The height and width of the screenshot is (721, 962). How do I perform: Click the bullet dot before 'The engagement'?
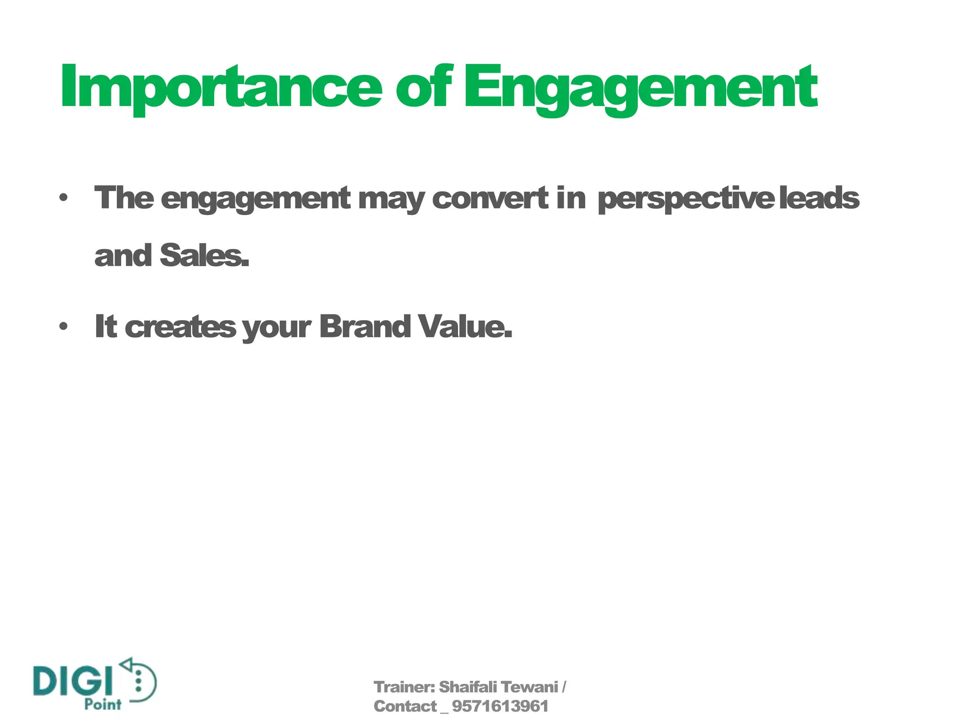coord(63,198)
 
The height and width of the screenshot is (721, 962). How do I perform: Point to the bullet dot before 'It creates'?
coord(63,326)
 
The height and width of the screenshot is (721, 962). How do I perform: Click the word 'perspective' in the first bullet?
coord(686,199)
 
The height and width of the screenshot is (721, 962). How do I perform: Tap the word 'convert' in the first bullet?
coord(490,198)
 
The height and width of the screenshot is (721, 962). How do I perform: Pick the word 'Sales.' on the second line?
coord(204,256)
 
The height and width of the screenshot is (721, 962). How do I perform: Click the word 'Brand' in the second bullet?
coord(365,326)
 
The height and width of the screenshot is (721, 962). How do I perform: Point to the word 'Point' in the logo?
coord(103,704)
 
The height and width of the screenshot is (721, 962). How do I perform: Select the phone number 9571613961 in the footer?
coord(500,706)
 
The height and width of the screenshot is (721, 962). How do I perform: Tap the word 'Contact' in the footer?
coord(405,706)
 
